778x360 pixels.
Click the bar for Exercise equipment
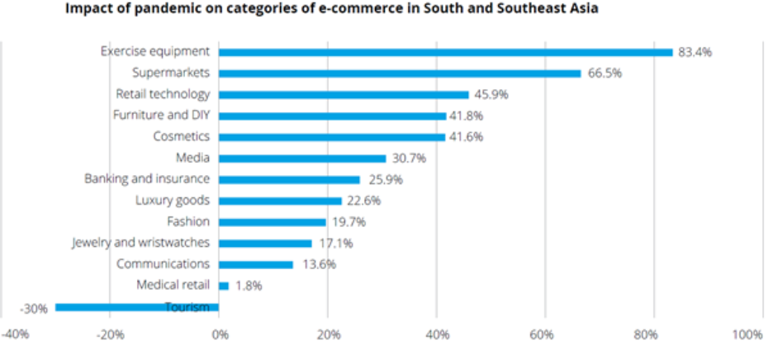(446, 52)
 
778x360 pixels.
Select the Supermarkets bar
(400, 73)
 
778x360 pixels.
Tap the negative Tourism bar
(137, 308)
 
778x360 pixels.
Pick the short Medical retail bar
(224, 286)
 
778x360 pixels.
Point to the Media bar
(302, 159)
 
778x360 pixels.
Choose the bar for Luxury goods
(280, 201)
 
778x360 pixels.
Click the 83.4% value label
(695, 52)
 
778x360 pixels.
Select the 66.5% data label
(605, 73)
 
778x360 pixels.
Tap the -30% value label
(33, 309)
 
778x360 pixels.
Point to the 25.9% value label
(382, 179)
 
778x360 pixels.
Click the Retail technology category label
(163, 94)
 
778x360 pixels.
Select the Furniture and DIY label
(161, 116)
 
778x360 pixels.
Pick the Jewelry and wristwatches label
(140, 243)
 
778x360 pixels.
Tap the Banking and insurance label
(147, 179)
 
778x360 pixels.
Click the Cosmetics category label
(182, 136)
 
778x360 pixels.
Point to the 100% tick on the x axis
(747, 334)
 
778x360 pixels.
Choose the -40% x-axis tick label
(16, 334)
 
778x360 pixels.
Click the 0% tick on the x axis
(219, 334)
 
